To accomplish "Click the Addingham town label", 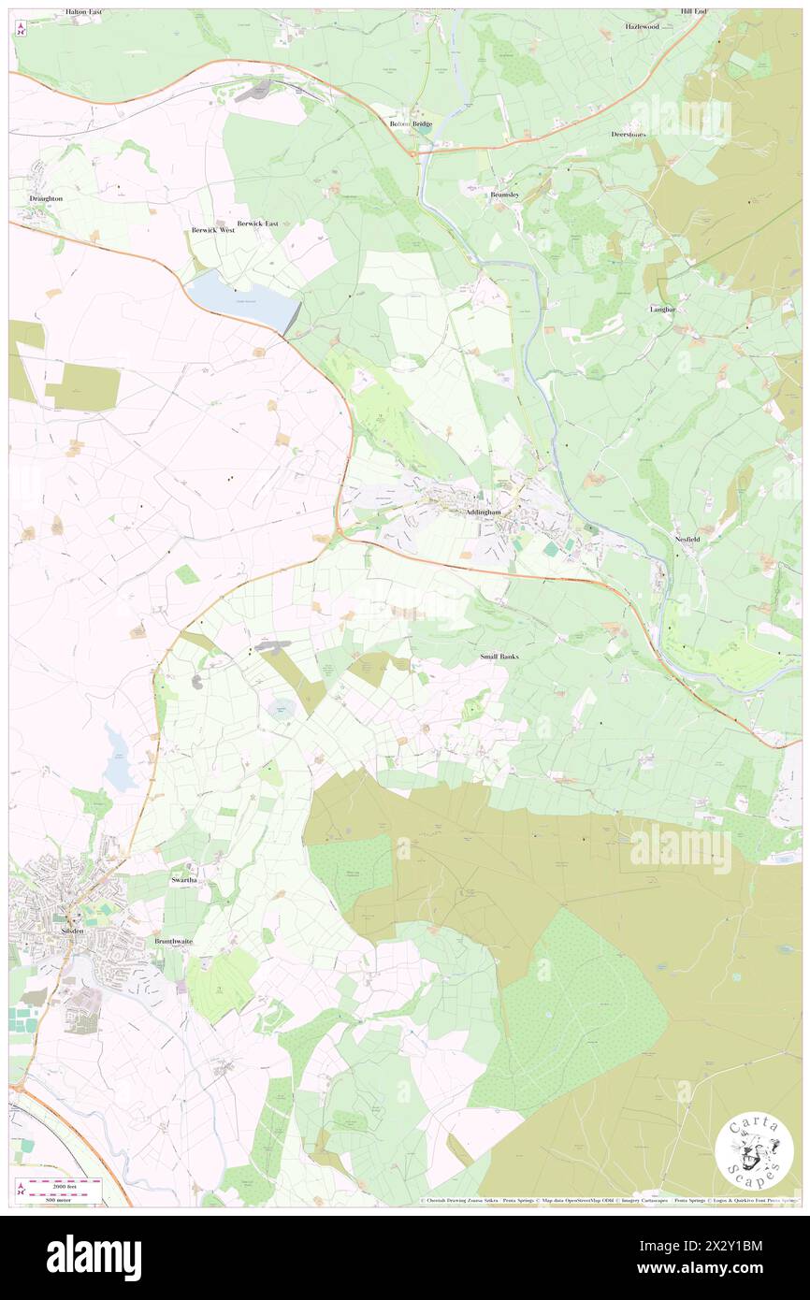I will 482,513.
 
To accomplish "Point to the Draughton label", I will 46,199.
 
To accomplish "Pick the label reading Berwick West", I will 212,229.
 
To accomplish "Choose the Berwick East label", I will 258,224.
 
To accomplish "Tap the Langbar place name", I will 662,308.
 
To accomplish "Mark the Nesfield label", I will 687,540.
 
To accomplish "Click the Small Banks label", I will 499,657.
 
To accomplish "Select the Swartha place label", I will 182,881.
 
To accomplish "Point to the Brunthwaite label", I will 173,941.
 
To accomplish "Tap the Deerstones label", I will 629,134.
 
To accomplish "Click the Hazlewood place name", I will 643,26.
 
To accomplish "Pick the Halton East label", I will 84,12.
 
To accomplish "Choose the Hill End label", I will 694,11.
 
